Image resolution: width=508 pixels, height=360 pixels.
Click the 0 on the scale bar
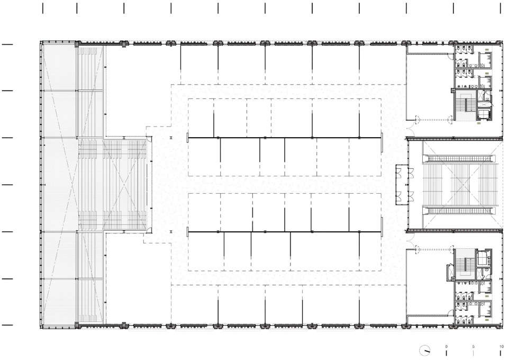tap(446, 346)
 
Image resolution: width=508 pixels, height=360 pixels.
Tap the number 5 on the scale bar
tap(473, 346)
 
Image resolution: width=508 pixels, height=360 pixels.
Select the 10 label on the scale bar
tap(501, 346)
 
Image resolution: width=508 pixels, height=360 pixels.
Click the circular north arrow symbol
tap(425, 350)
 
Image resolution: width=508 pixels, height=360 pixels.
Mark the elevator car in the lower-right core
tap(483, 258)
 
